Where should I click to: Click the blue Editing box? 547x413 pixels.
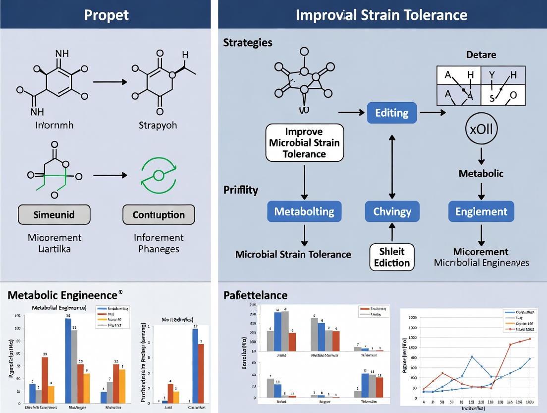click(x=391, y=113)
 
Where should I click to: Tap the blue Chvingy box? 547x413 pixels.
click(x=391, y=211)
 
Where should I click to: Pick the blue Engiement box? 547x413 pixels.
click(x=481, y=211)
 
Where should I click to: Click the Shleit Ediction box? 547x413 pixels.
click(x=391, y=257)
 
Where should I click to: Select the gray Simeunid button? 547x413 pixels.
click(x=54, y=215)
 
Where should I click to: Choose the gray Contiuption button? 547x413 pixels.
click(x=159, y=215)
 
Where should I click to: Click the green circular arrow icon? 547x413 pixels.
click(x=158, y=175)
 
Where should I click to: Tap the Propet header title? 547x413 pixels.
click(x=106, y=14)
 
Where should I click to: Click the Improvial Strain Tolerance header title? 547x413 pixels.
click(x=381, y=14)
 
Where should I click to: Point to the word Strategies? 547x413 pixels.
click(x=248, y=42)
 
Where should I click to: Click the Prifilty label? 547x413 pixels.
click(x=241, y=190)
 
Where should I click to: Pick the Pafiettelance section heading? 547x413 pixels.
click(x=255, y=295)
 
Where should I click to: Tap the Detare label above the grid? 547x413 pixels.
click(x=481, y=55)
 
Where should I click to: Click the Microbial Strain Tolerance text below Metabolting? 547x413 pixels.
click(x=293, y=254)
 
